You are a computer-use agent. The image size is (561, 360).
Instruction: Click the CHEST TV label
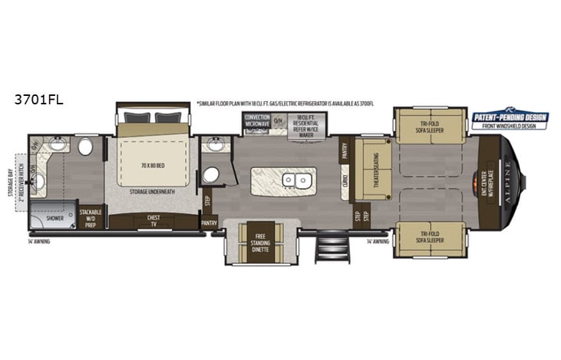[x=153, y=222]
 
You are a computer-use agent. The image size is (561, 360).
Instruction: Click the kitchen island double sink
[x=293, y=180]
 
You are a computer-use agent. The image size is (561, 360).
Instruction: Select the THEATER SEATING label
[x=377, y=168]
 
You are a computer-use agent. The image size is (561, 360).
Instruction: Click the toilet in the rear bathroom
[x=85, y=147]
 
